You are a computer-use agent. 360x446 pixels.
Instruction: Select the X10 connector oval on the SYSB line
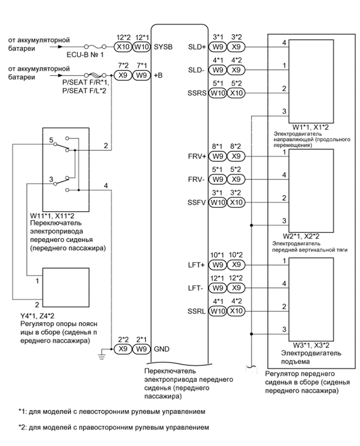click(x=123, y=46)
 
